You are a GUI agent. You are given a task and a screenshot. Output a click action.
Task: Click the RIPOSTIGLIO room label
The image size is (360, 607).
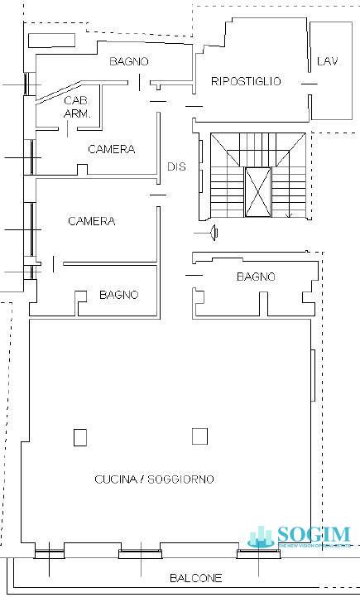(246, 81)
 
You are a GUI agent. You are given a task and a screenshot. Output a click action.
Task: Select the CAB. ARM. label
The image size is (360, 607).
(77, 107)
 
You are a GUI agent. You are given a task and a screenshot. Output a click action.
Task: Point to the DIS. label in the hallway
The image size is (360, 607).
(178, 166)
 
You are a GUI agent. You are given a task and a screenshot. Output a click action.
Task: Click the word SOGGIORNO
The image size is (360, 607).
(180, 479)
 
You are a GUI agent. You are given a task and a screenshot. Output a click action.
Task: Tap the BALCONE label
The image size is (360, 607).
(195, 579)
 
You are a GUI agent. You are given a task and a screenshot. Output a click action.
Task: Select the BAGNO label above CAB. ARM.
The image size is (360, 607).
(129, 61)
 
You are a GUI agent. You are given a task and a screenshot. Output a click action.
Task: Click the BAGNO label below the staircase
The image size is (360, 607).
(256, 277)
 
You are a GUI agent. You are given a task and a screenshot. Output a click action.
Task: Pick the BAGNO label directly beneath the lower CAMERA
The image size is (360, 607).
(118, 295)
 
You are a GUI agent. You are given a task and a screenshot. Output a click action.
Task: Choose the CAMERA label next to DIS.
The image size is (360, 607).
(112, 149)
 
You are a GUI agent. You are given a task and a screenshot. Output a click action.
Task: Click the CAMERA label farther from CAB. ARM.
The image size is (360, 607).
(91, 221)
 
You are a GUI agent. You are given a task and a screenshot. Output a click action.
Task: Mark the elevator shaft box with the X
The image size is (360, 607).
(257, 191)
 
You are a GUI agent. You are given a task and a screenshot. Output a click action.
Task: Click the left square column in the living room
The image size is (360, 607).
(80, 436)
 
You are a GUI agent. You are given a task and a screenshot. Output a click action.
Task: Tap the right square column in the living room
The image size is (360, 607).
(199, 436)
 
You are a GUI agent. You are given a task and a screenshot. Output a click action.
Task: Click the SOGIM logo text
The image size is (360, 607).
(314, 534)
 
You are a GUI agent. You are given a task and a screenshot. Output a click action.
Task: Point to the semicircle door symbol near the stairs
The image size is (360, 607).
(215, 233)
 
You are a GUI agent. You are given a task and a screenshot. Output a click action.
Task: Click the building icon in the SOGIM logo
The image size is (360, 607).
(262, 537)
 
